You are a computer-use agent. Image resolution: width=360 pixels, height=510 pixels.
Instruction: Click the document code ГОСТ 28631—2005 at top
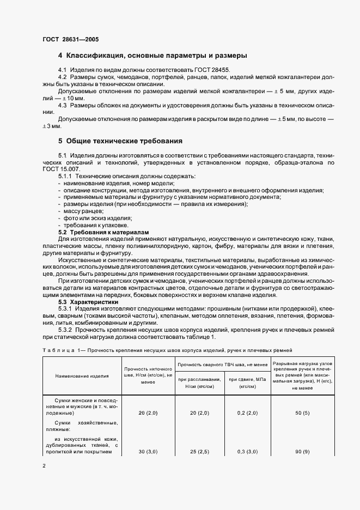[x=70, y=40]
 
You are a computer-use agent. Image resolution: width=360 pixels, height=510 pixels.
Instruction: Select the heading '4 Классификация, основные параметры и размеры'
[x=152, y=56]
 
